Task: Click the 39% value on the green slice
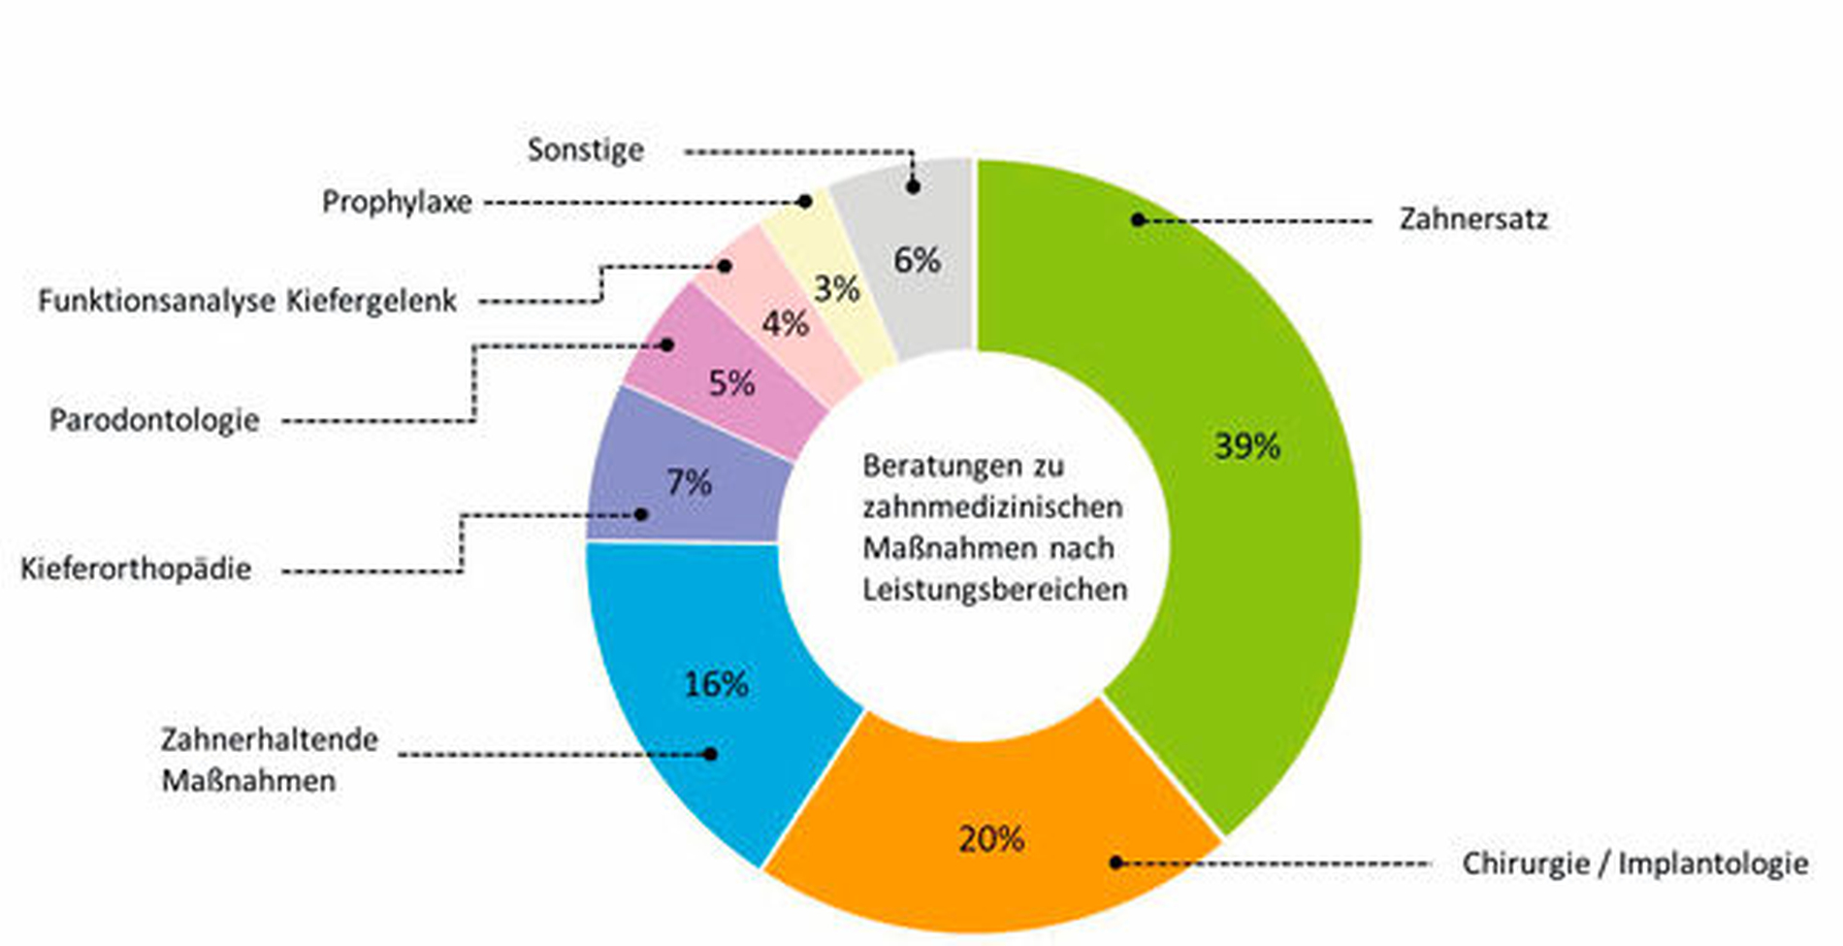1247,446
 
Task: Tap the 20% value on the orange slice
991,839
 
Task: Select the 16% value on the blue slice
716,685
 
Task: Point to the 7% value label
689,482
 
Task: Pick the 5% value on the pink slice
731,383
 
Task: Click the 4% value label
785,323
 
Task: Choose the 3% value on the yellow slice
836,288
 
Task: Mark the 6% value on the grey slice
917,260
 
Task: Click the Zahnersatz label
1472,219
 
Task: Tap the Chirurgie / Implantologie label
1634,863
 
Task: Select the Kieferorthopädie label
136,568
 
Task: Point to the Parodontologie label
154,420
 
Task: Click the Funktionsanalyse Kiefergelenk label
247,301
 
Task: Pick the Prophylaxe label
397,202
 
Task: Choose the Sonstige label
585,149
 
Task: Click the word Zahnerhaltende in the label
269,739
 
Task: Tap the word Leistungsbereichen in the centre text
995,589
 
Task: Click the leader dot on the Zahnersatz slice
1138,220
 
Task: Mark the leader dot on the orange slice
1116,863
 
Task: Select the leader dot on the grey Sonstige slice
913,187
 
